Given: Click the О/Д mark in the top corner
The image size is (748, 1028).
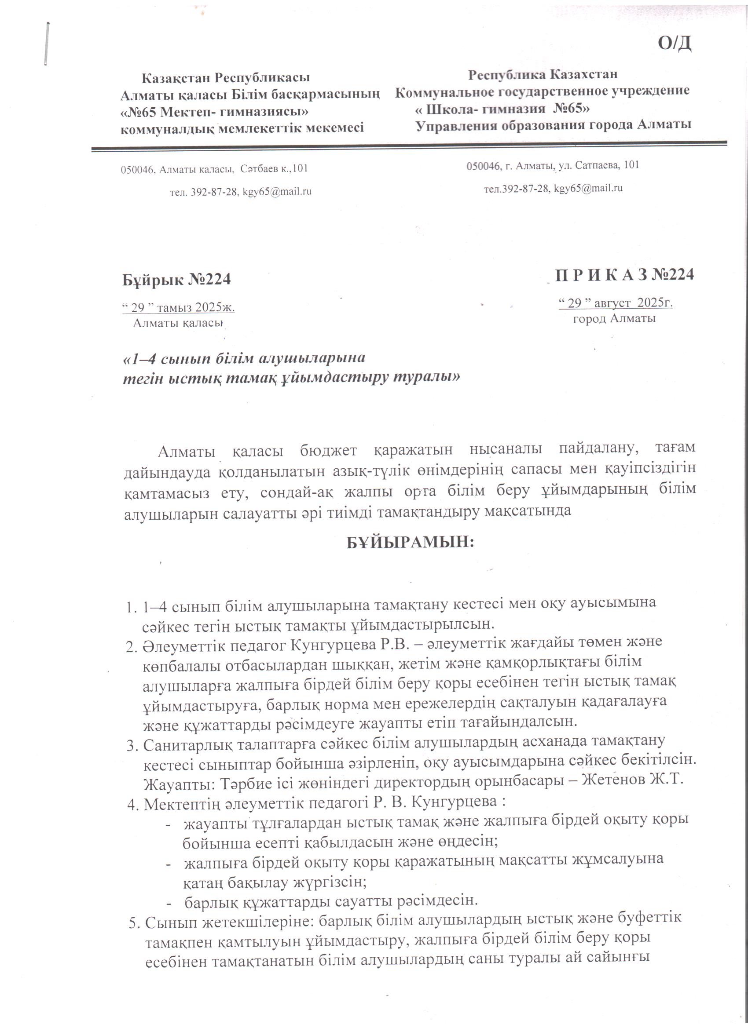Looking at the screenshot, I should [675, 44].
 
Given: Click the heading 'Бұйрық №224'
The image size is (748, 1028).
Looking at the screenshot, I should [176, 279].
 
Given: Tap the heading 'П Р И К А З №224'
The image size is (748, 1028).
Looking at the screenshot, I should [625, 275].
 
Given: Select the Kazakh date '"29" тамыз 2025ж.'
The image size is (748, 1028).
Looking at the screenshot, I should [178, 308].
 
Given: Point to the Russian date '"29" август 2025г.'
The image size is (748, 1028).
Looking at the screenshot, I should [615, 303].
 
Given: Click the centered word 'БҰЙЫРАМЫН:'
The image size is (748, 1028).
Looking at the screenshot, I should [410, 543].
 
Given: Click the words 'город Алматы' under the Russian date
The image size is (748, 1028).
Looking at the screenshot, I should [614, 318].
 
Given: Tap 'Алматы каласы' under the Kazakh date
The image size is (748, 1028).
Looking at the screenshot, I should [178, 323].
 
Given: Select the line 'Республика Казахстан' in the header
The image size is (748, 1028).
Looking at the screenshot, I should [543, 74].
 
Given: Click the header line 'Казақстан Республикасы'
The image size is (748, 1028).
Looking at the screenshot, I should [225, 78].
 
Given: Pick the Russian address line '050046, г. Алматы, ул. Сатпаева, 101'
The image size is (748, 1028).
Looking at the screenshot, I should [553, 165].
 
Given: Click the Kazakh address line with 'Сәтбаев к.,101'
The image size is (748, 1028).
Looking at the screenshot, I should [214, 169].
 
